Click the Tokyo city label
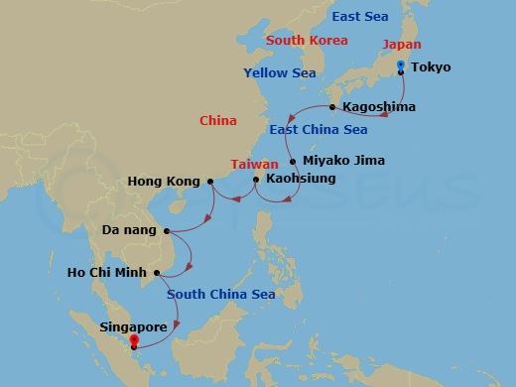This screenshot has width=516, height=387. click(x=430, y=67)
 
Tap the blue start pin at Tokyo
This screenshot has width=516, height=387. click(x=400, y=65)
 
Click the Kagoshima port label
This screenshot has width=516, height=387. click(x=378, y=106)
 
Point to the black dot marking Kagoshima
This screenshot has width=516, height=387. click(x=332, y=107)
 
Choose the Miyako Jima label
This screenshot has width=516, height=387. click(x=343, y=160)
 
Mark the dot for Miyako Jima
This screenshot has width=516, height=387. click(x=293, y=161)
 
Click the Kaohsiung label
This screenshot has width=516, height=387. click(x=302, y=180)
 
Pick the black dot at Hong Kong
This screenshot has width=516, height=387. click(x=210, y=182)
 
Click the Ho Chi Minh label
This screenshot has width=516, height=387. click(x=106, y=272)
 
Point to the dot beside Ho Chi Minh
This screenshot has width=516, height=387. click(x=157, y=273)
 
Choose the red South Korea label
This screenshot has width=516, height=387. click(x=307, y=41)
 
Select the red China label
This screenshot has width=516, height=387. click(x=217, y=120)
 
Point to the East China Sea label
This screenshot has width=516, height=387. click(x=318, y=130)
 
